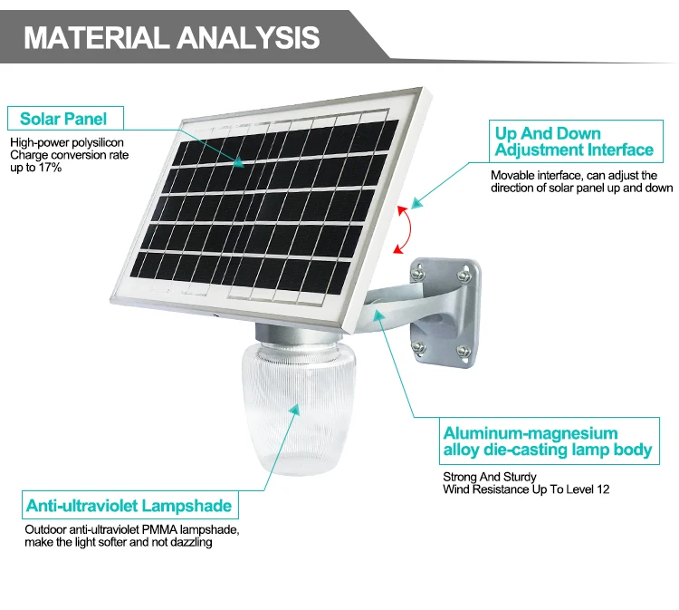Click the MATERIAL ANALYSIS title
(x=171, y=36)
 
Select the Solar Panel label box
(x=63, y=119)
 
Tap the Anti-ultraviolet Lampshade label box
(x=129, y=506)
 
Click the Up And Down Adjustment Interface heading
(x=574, y=141)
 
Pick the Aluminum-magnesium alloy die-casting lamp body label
(x=548, y=441)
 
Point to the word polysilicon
(x=100, y=142)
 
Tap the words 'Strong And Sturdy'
(x=489, y=477)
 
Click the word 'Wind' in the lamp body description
(x=456, y=489)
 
